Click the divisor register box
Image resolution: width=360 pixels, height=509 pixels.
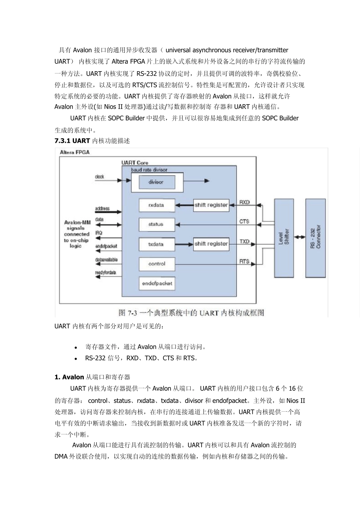156,182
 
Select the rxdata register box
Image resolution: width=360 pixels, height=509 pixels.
156,205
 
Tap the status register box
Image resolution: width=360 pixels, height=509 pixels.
156,224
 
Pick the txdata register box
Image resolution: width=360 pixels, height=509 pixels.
156,244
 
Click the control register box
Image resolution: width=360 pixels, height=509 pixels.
156,264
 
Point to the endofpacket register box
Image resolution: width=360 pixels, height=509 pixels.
157,283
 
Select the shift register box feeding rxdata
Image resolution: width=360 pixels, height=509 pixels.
211,205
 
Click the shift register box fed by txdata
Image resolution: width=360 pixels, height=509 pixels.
211,244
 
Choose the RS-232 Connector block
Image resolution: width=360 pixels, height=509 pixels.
315,237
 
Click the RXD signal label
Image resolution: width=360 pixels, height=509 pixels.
244,202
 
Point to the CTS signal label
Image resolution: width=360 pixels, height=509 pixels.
244,221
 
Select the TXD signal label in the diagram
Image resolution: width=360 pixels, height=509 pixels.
244,241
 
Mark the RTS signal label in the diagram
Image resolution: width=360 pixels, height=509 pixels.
244,261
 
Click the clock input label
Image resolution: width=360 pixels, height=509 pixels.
99,177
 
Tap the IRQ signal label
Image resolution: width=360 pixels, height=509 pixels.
99,233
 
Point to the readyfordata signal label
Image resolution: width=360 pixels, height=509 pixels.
105,273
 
